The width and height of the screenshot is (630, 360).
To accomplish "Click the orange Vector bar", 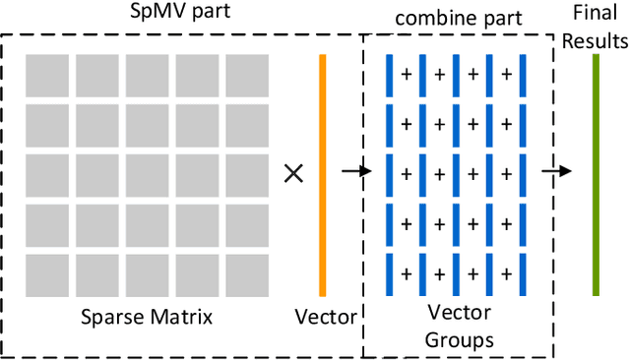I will [x=322, y=174].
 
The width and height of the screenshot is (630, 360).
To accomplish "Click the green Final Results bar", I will [x=596, y=174].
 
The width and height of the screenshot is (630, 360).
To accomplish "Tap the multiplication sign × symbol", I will [x=292, y=173].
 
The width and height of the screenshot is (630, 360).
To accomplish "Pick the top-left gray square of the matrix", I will [x=46, y=74].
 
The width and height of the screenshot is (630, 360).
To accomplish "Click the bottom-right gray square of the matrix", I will [x=247, y=274].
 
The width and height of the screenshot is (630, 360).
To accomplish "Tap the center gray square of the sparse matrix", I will [x=147, y=174].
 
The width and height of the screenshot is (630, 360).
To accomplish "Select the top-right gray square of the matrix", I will [x=247, y=74].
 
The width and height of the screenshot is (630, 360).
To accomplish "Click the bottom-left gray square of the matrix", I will [x=46, y=274].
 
